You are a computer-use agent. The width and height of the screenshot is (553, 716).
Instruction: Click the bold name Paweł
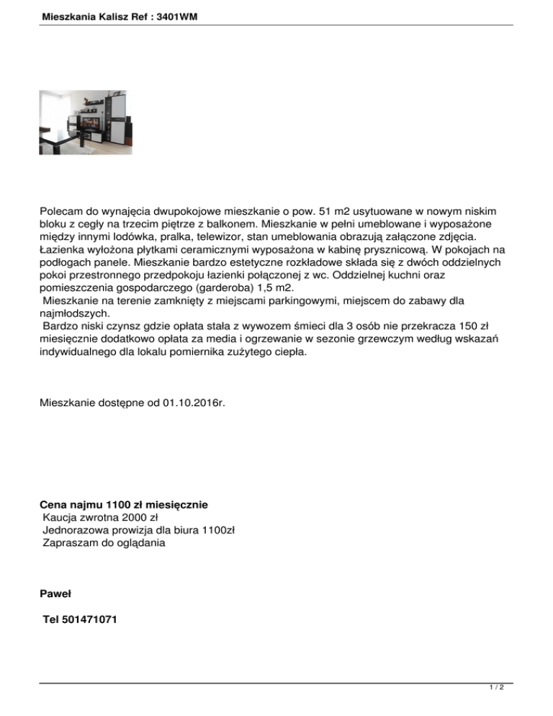(x=55, y=594)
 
